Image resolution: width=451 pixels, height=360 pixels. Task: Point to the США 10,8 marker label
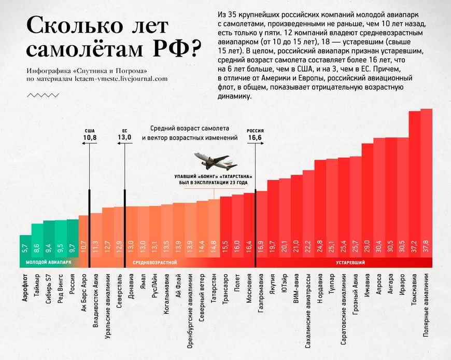point(90,134)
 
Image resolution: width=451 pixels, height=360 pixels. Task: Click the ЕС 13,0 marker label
point(124,134)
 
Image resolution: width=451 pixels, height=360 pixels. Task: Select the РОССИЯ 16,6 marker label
point(255,134)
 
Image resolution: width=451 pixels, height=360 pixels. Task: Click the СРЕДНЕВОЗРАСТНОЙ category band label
point(155,263)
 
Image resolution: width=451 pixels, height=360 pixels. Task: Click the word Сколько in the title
point(67,26)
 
